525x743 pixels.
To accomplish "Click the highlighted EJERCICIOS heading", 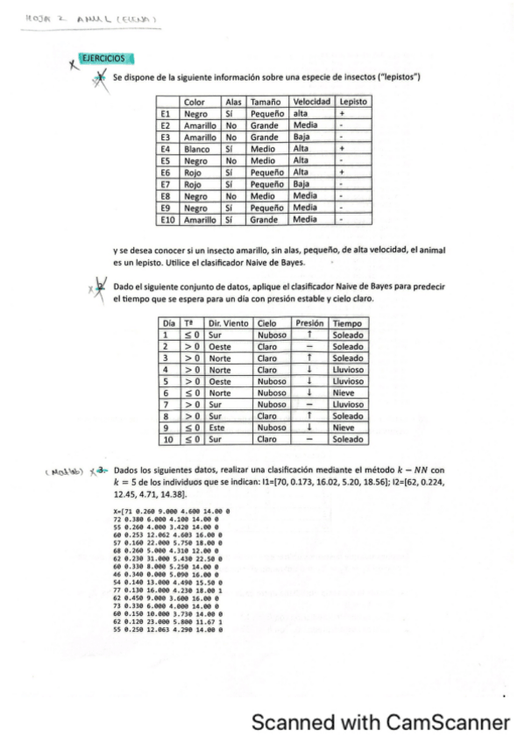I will click(x=103, y=59).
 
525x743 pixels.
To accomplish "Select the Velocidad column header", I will click(x=311, y=103).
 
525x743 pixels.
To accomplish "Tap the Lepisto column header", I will click(x=352, y=103).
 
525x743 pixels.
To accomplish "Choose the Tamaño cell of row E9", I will click(x=266, y=208).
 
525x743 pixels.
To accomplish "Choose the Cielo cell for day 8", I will click(x=267, y=415).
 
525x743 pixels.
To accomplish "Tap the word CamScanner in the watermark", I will click(x=445, y=722).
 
